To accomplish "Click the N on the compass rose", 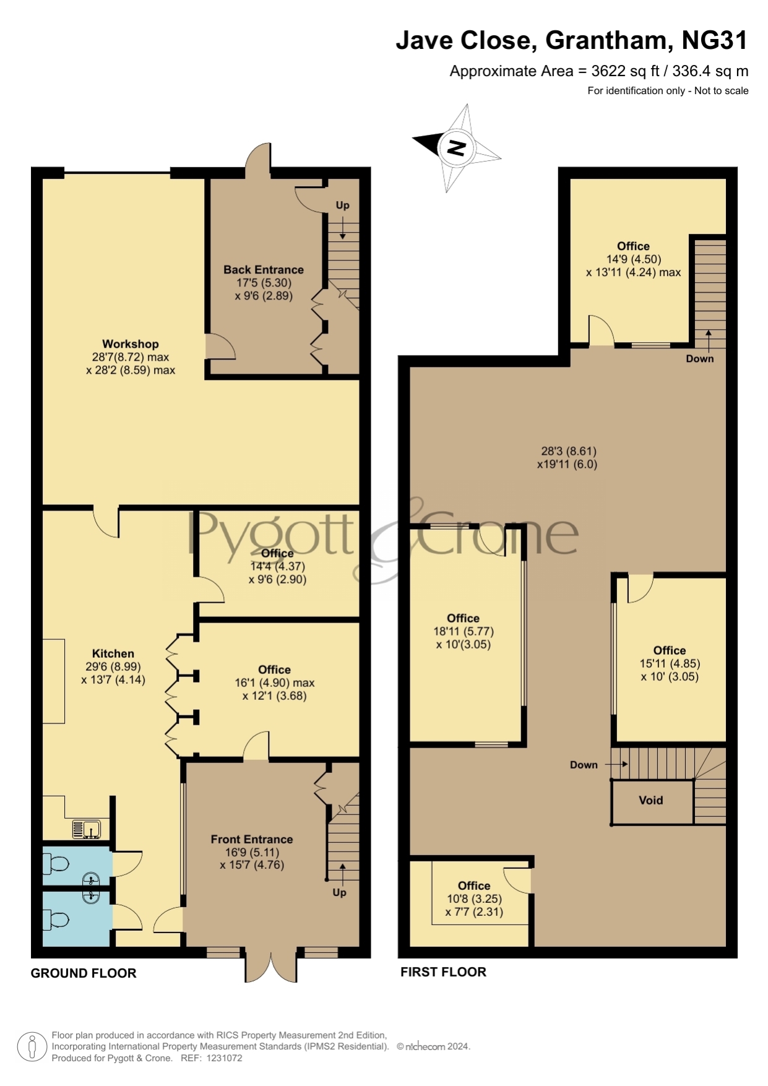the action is (456, 148).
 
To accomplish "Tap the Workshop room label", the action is (131, 344).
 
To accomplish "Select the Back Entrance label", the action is (264, 270).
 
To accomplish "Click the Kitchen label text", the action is (113, 653).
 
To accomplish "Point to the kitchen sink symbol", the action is (86, 829).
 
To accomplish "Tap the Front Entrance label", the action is (252, 840).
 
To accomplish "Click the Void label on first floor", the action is (651, 801).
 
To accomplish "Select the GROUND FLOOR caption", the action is (84, 973).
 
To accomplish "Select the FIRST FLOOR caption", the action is (444, 972).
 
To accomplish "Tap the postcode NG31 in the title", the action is (715, 40).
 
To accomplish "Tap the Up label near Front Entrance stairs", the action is (339, 892).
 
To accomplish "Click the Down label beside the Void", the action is (584, 765).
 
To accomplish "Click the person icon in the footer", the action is (32, 1047).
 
